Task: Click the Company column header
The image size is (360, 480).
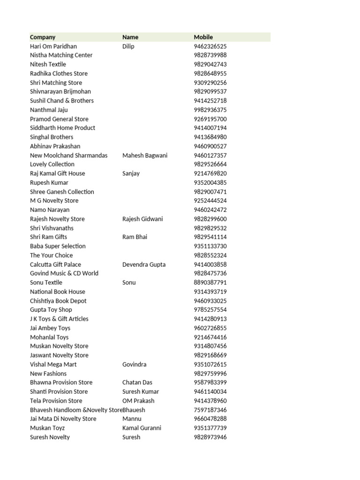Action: click(x=43, y=37)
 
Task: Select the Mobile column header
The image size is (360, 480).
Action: click(x=203, y=37)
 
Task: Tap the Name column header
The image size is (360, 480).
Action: click(x=130, y=37)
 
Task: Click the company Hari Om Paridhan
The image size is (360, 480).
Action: click(x=53, y=46)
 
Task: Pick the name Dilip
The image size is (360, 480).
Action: click(x=128, y=46)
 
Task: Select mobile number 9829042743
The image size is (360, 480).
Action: click(x=210, y=64)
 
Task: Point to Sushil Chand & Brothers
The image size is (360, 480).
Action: click(x=62, y=101)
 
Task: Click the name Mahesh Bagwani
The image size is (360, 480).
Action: click(x=145, y=155)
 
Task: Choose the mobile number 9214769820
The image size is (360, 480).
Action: click(x=210, y=173)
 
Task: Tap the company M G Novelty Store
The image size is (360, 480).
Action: click(x=54, y=201)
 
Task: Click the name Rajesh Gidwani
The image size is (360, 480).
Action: click(x=142, y=219)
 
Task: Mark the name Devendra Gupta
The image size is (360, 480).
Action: click(x=144, y=264)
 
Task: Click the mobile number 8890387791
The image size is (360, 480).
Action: click(x=210, y=283)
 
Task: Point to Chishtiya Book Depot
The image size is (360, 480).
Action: click(x=58, y=301)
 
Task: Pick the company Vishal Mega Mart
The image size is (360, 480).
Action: click(x=53, y=364)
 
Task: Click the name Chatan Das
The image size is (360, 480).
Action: click(x=137, y=382)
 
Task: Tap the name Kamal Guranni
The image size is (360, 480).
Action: click(x=142, y=428)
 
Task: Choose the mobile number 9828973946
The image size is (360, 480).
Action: click(x=210, y=437)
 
